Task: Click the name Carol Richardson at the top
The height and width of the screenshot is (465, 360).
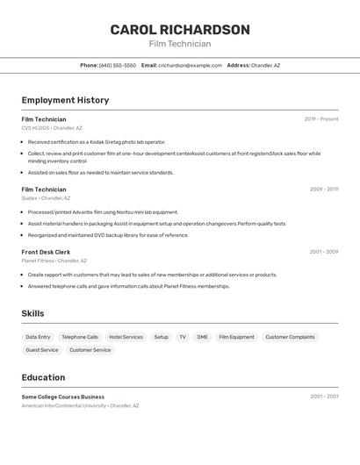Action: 180,30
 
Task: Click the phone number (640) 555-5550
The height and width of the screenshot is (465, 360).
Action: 118,65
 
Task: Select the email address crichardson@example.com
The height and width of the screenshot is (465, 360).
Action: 190,65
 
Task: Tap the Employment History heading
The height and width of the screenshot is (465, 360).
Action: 65,100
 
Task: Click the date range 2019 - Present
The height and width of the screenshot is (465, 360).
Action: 320,119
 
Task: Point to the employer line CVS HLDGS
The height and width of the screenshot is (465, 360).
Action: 52,128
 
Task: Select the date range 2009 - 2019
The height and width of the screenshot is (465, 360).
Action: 323,189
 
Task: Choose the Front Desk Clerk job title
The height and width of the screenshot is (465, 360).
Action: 46,252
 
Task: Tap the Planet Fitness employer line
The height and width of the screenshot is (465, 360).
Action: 54,261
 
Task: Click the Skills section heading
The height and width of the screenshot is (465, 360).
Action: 32,313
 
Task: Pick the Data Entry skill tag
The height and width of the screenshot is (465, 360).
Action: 38,337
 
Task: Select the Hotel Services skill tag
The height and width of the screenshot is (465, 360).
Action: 126,337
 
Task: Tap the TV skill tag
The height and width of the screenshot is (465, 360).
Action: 183,337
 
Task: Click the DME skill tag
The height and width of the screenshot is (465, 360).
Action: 202,337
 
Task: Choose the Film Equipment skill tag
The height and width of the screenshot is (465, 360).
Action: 236,337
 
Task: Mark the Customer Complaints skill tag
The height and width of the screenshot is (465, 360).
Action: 290,337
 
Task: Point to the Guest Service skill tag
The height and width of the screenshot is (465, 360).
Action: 42,350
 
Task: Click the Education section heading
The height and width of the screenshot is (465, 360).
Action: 43,377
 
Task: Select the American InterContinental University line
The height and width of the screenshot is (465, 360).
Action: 80,405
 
